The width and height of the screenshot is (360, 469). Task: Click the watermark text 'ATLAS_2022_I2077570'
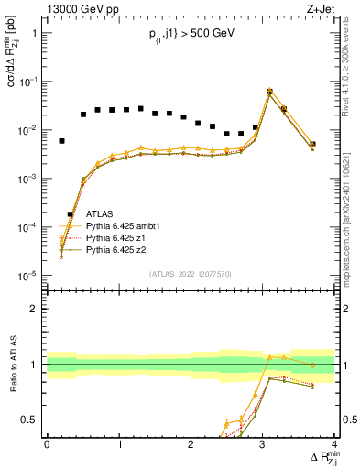(x=191, y=274)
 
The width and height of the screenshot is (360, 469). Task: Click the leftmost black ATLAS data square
(x=61, y=141)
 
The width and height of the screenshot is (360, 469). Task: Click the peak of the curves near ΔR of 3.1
(x=269, y=92)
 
